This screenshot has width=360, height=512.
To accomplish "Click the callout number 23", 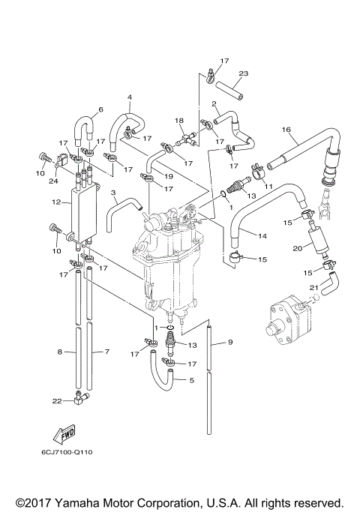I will pos(244,73).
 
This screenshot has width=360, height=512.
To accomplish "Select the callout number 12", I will pos(57,202).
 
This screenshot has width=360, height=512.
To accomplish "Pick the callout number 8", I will pos(61,351).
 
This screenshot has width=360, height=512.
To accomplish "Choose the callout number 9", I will pos(229,343).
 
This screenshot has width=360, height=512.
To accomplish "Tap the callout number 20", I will pos(298,248).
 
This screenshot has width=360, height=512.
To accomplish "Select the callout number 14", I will pos(263,236).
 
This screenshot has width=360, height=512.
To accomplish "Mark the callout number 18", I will pos(179,120).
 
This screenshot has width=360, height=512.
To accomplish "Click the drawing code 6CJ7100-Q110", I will pos(67,452).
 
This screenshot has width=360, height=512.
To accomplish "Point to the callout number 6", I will pos(100,110).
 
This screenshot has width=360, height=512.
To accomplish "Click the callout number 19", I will pos(169,176).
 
